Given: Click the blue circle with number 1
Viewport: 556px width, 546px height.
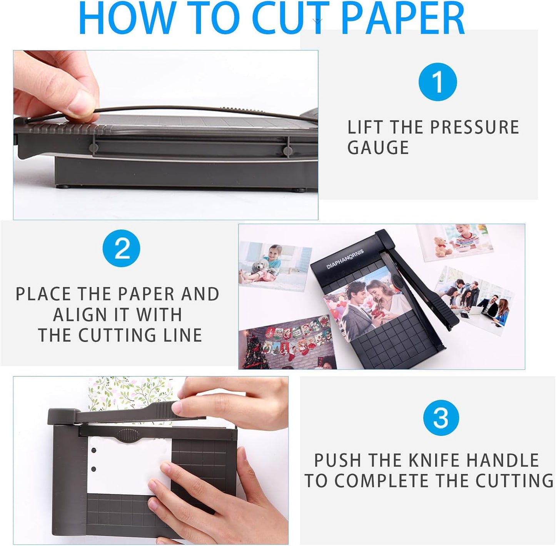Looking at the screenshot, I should pyautogui.click(x=437, y=82).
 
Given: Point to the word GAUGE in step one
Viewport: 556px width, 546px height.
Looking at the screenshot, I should pyautogui.click(x=378, y=148).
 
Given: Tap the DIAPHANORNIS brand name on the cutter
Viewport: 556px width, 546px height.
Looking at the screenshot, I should pyautogui.click(x=345, y=259).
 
